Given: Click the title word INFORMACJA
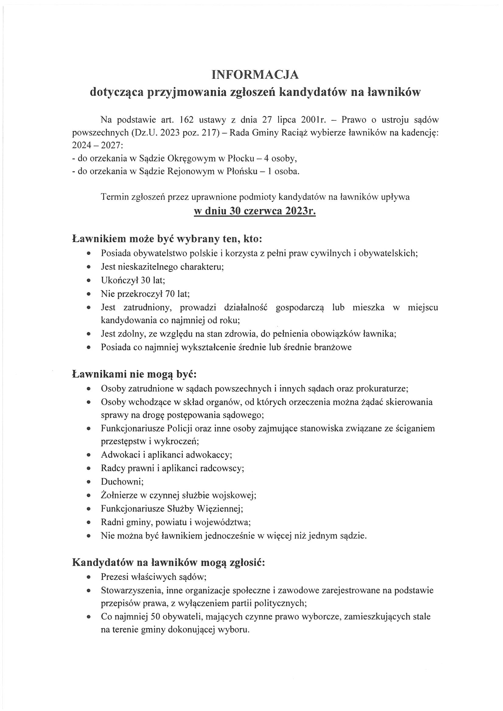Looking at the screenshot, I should click(x=255, y=74).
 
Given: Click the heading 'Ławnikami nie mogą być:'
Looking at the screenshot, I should click(x=134, y=374).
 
